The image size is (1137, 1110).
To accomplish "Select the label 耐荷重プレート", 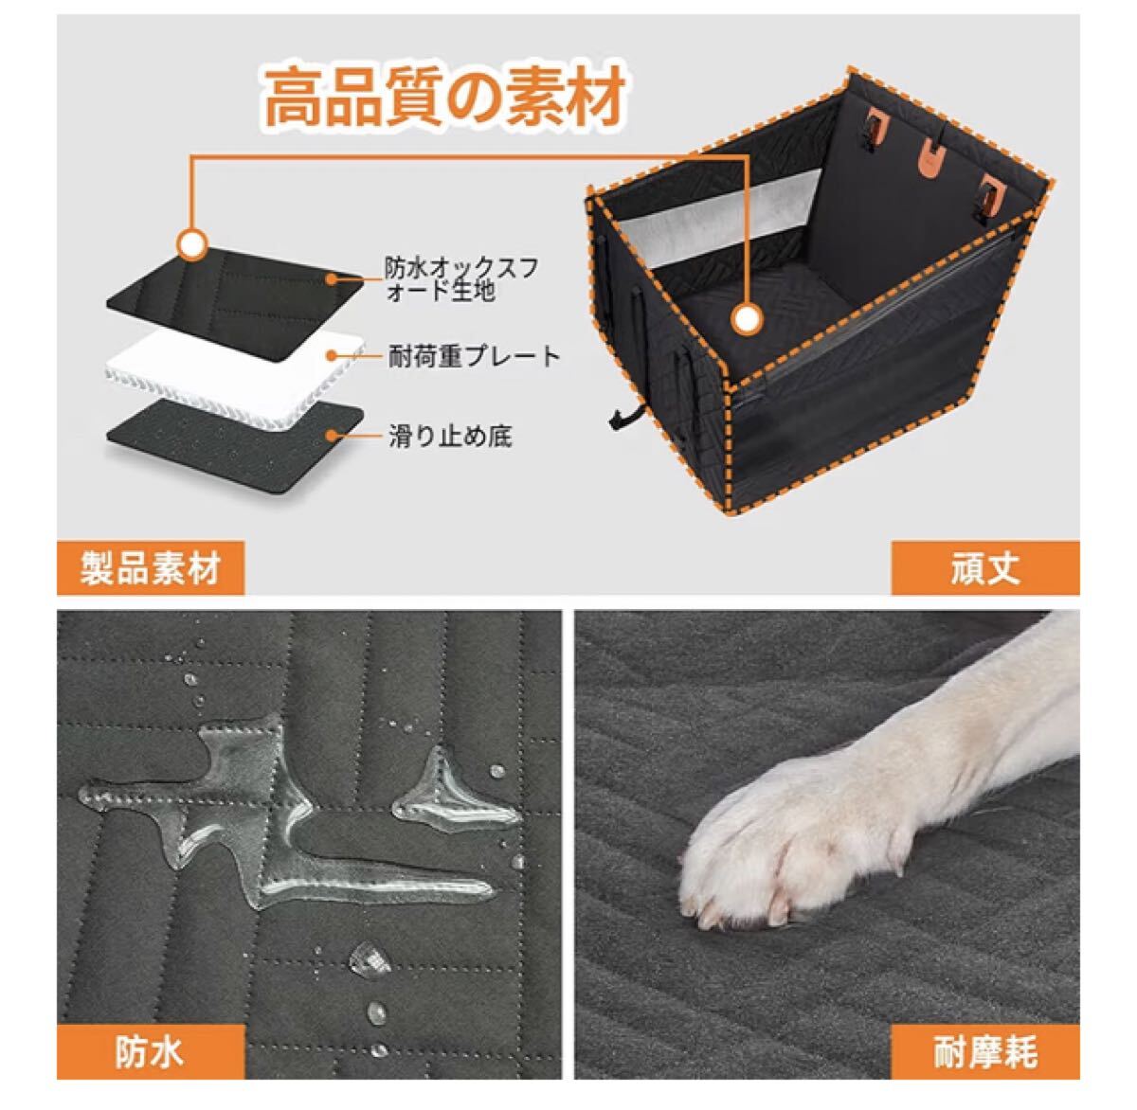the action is [475, 356].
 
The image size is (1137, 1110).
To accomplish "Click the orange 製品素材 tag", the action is [151, 567].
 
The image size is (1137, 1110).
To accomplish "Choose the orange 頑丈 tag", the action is [985, 567].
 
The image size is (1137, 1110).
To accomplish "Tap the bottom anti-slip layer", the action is [234, 444].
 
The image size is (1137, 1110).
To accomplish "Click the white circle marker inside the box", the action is [748, 320].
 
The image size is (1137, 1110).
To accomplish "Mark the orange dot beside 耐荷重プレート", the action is [333, 355].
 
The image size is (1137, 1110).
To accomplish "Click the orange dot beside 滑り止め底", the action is [333, 435].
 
